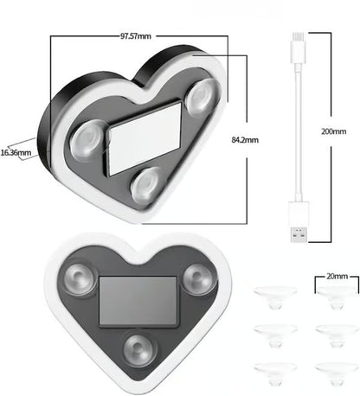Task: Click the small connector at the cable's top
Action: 297,38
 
